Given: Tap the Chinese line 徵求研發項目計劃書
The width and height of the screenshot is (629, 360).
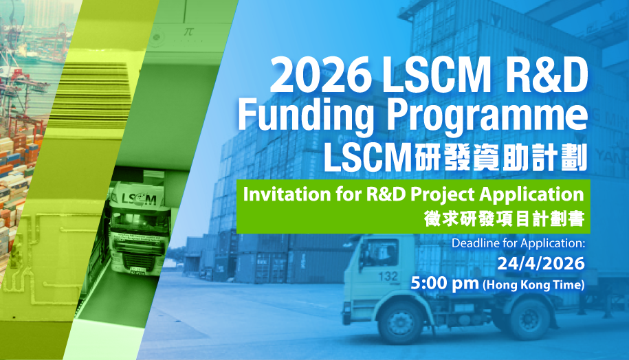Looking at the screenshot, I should click(x=504, y=221).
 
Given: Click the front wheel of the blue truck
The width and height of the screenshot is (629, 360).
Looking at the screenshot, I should click(x=397, y=321).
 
